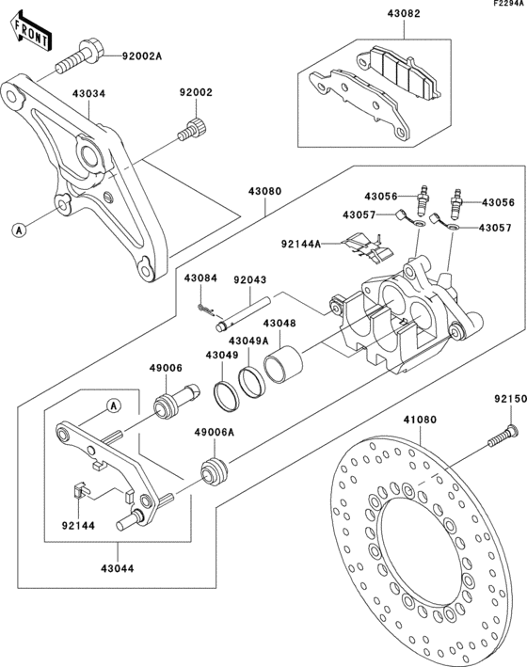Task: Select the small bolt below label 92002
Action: [192, 129]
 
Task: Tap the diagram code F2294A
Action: [505, 5]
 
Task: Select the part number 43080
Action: [264, 191]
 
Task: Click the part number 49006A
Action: [214, 433]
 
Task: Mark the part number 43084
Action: [200, 279]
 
